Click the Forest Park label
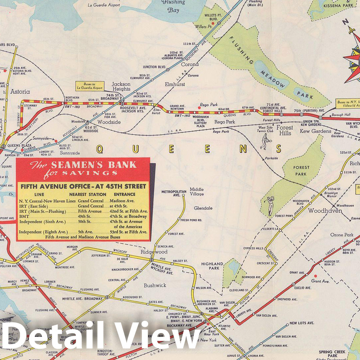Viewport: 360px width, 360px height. [x=301, y=171]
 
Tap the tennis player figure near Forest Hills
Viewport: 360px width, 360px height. [x=265, y=142]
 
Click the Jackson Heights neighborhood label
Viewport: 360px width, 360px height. [x=121, y=86]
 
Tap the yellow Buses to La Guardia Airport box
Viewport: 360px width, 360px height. [x=89, y=86]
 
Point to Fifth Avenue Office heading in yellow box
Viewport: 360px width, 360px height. [x=83, y=186]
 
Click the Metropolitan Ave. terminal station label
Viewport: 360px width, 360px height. [x=174, y=193]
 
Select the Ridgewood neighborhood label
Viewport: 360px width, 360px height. [x=154, y=252]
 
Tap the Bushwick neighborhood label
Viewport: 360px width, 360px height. [x=155, y=285]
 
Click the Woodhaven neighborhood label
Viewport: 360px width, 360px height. [x=325, y=211]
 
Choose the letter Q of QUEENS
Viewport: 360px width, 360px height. [x=99, y=149]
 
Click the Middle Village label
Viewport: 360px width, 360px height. [x=197, y=191]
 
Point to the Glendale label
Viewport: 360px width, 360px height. [x=203, y=208]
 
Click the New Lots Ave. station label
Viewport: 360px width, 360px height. [x=301, y=323]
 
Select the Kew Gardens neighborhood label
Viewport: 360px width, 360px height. [x=315, y=131]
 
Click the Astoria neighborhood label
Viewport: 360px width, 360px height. [x=20, y=92]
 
